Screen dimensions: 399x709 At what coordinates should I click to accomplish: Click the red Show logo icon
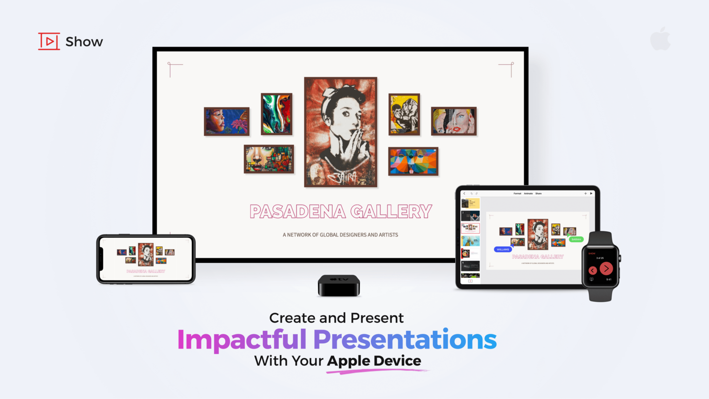click(49, 41)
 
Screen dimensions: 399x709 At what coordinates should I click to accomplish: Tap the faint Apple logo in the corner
click(660, 39)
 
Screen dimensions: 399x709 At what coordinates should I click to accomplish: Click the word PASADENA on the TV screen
click(297, 211)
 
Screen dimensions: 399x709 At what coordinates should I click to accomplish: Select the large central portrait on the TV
click(341, 132)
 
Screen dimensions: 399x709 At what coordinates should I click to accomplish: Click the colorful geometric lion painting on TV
click(413, 161)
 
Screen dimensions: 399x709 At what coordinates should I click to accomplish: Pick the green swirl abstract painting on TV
click(277, 114)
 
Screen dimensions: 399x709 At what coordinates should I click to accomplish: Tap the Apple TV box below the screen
click(339, 285)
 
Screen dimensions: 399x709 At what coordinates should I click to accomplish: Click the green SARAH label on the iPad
click(576, 239)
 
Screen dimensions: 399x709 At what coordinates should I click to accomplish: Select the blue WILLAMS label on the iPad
click(503, 249)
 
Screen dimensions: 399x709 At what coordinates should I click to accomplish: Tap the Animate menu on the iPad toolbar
click(528, 194)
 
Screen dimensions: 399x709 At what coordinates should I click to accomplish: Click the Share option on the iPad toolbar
click(538, 194)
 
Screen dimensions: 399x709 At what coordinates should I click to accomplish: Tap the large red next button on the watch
click(606, 268)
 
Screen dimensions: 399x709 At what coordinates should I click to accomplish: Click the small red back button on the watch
click(592, 270)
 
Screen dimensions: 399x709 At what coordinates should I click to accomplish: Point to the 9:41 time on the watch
click(609, 280)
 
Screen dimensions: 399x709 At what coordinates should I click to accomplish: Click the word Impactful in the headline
click(242, 340)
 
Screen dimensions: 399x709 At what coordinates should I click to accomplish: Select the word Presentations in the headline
click(405, 340)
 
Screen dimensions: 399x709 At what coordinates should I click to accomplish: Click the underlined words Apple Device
click(374, 361)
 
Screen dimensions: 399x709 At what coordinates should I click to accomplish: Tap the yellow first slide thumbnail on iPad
click(470, 203)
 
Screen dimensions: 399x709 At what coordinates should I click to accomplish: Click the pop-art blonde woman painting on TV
click(454, 121)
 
